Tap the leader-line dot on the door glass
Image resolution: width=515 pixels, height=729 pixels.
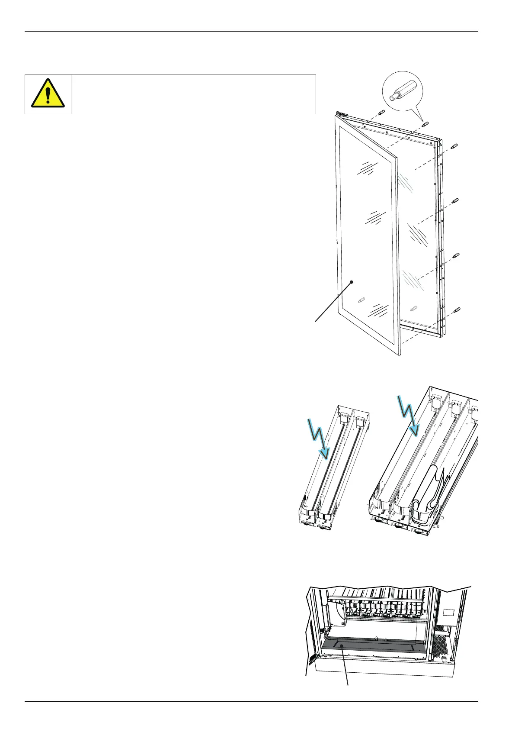coord(352,282)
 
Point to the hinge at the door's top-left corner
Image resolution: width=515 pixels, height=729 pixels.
coord(343,115)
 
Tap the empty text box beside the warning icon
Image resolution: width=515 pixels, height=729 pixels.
coord(193,94)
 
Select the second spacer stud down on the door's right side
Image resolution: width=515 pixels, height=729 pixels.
coord(455,200)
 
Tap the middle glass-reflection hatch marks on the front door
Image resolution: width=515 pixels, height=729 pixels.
coord(374,218)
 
